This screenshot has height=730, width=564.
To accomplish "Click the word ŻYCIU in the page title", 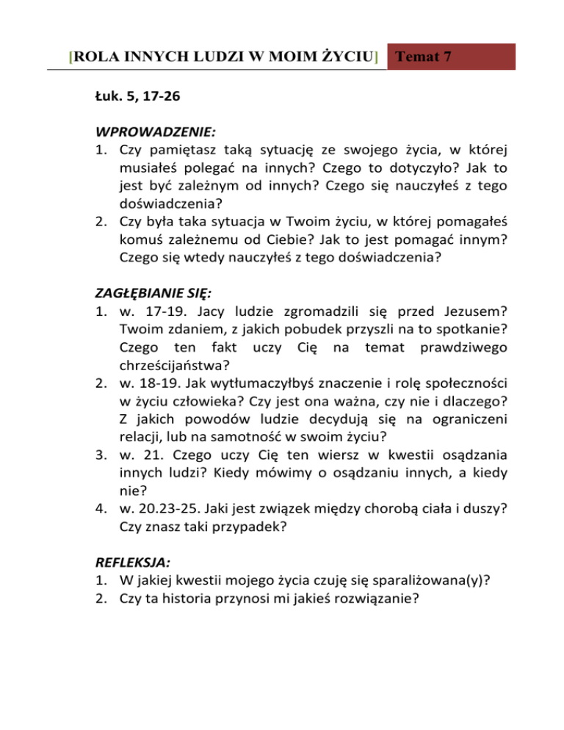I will click(x=348, y=57).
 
